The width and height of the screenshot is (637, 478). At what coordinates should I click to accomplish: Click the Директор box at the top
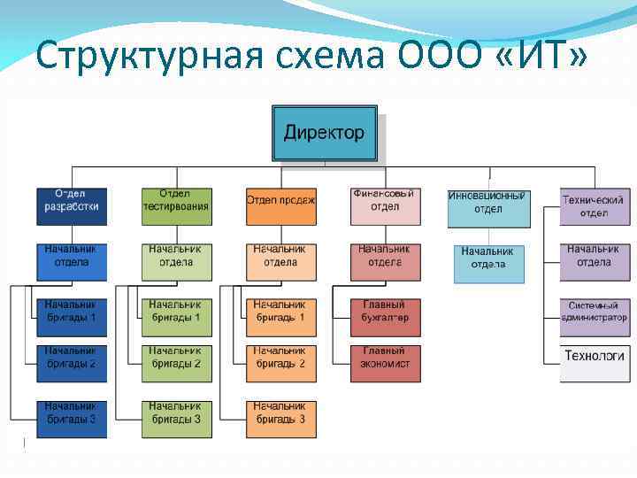click(x=325, y=134)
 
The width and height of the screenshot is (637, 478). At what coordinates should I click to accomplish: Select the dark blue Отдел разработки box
click(x=72, y=206)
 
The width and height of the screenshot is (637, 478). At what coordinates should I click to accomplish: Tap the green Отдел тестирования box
click(x=176, y=206)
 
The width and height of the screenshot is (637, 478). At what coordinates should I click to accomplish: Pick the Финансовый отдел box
click(x=385, y=206)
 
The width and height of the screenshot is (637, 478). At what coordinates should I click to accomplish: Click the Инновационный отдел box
click(x=488, y=206)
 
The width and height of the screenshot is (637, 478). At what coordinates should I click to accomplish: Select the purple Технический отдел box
click(x=595, y=206)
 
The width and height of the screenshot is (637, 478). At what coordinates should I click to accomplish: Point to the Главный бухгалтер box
click(x=385, y=317)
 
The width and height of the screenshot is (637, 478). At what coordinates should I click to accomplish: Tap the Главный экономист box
click(x=385, y=363)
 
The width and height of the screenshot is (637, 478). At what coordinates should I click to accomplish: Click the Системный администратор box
click(x=595, y=317)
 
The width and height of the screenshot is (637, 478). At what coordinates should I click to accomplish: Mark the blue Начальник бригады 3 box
click(x=72, y=419)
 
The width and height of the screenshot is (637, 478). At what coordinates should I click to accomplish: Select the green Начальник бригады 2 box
click(x=176, y=363)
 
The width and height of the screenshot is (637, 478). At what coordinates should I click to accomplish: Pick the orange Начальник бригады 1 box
click(x=280, y=317)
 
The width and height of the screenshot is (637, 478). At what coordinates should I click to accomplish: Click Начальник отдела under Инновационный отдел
click(x=488, y=263)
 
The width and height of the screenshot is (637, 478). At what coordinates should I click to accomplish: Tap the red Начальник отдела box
click(x=385, y=261)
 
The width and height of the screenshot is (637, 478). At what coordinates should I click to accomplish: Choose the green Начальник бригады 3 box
click(x=176, y=419)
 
